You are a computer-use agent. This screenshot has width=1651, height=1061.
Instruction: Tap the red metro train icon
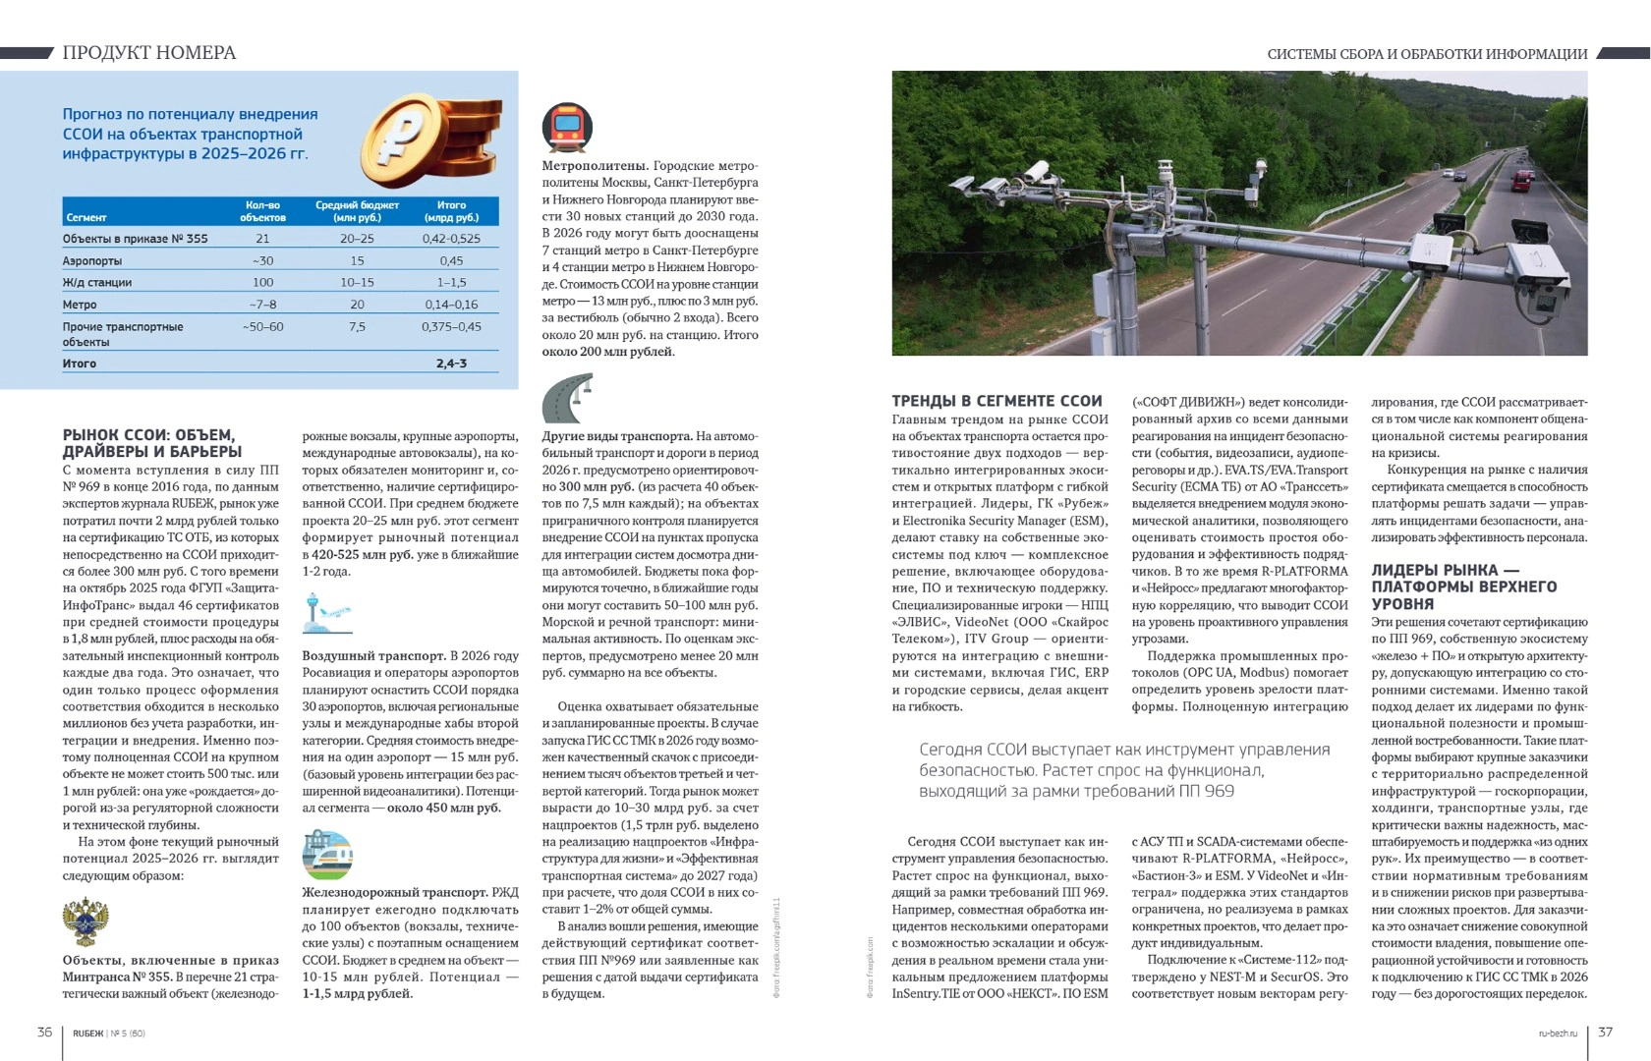pos(567,128)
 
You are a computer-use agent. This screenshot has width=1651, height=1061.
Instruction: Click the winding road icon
pos(568,397)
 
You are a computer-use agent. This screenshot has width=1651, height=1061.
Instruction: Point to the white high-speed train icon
pos(327,855)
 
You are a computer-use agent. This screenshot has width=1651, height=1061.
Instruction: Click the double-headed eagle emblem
pos(85,921)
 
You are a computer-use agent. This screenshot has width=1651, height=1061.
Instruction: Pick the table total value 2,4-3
pos(451,363)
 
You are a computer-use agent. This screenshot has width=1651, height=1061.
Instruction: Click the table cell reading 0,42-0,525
pos(451,239)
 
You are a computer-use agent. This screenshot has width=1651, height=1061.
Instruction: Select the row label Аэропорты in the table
pos(92,261)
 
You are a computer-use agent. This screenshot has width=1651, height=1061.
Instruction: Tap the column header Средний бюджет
pos(357,210)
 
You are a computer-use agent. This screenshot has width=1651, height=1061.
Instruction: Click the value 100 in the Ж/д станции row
pos(262,283)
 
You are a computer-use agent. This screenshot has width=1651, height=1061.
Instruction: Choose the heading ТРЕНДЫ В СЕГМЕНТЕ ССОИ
pos(996,401)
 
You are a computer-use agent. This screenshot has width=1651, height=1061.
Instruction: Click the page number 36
pos(44,1032)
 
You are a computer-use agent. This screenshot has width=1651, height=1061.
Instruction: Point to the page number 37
pos(1605,1032)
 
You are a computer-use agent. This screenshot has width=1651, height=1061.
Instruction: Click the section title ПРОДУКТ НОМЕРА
pos(149,53)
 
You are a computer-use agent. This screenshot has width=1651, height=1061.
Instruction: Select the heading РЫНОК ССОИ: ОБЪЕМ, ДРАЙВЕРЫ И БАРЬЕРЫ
pos(152,443)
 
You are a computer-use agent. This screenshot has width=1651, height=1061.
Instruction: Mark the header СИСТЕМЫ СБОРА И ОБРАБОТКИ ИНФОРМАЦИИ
pos(1427,54)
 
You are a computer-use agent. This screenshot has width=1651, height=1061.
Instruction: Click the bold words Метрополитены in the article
pos(594,166)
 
